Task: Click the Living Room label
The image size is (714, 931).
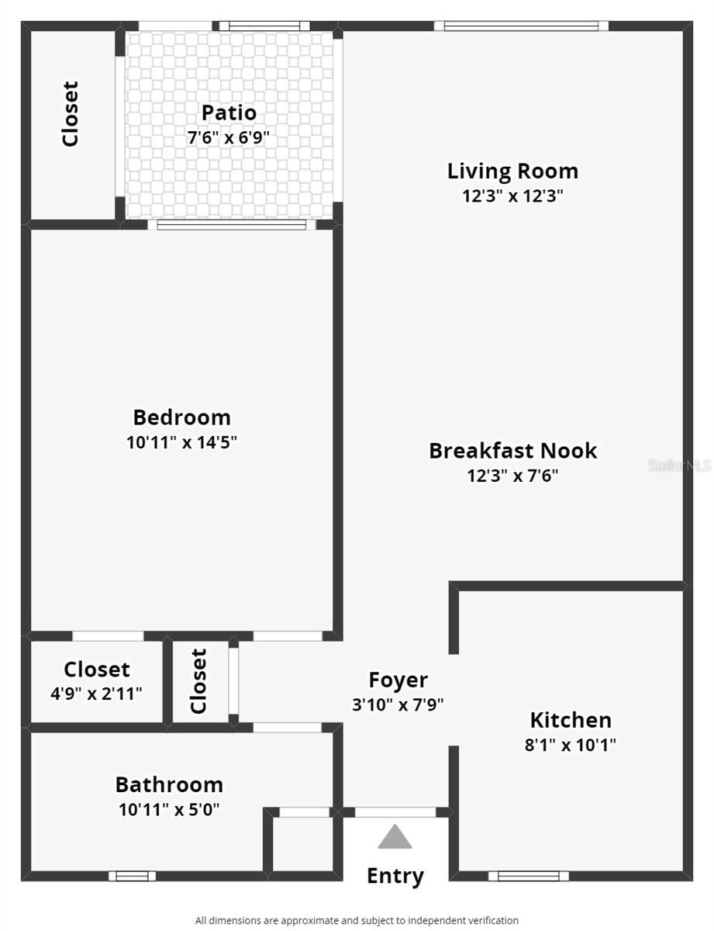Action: (512, 171)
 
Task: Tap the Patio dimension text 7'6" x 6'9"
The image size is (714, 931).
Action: (229, 138)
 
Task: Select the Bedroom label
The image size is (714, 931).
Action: (181, 417)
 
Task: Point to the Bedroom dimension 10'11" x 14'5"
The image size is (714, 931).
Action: (181, 443)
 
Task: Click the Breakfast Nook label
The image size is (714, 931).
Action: (512, 451)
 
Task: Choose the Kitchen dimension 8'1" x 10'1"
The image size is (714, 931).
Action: (571, 746)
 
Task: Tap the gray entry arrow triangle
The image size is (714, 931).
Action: (395, 837)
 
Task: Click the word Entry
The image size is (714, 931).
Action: (395, 876)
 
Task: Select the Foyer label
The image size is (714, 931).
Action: (398, 680)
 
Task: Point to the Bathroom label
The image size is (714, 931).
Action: (169, 784)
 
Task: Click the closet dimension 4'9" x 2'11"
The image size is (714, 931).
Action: (97, 694)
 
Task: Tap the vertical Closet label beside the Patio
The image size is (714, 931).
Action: (71, 114)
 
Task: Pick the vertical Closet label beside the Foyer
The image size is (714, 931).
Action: (199, 681)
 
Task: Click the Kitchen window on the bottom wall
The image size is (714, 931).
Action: (528, 876)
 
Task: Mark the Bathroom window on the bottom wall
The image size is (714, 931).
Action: (132, 876)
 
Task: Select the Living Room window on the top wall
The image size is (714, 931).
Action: (521, 26)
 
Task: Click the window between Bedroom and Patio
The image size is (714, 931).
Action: (232, 225)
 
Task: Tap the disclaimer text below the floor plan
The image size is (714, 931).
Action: (357, 920)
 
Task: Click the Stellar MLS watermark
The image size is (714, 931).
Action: (679, 465)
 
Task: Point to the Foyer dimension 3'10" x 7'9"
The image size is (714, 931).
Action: (398, 705)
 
